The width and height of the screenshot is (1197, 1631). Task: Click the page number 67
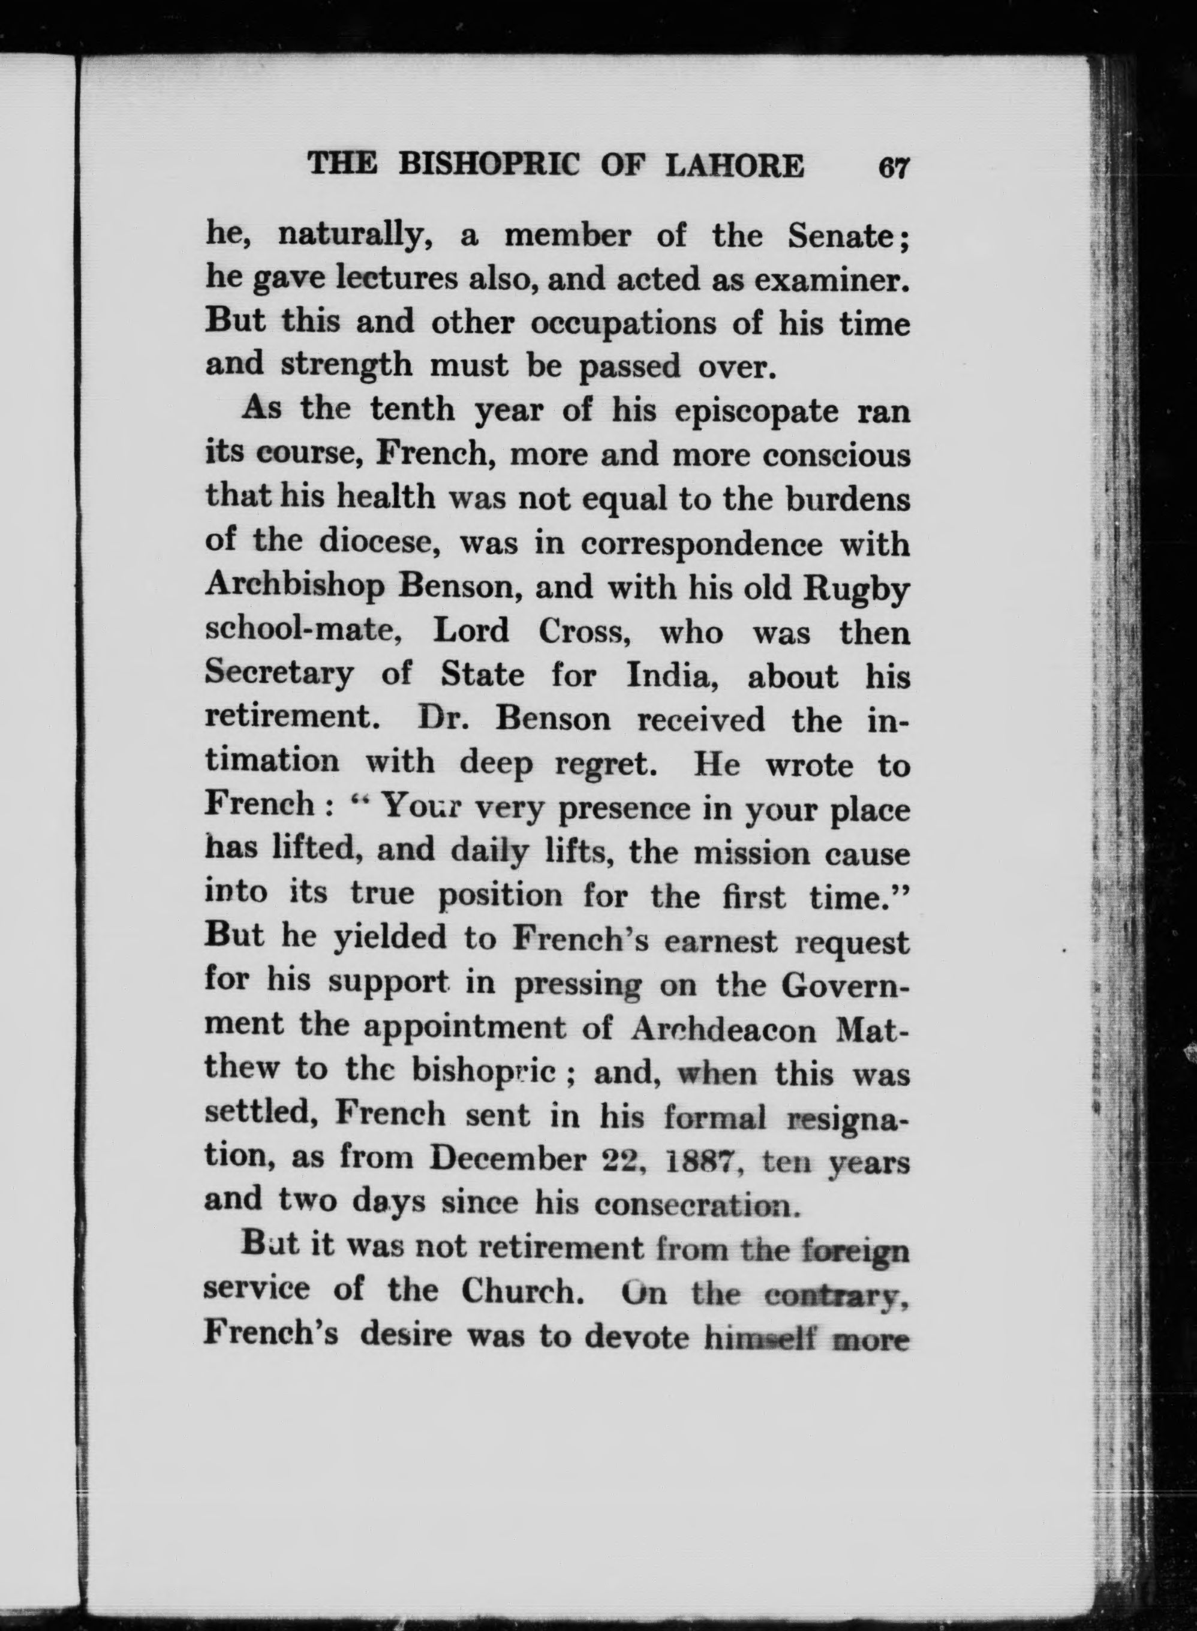point(893,168)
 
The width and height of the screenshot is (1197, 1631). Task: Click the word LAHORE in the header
point(735,166)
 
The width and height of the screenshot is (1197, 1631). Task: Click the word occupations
point(623,324)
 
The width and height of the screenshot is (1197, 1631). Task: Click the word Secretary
point(279,676)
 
